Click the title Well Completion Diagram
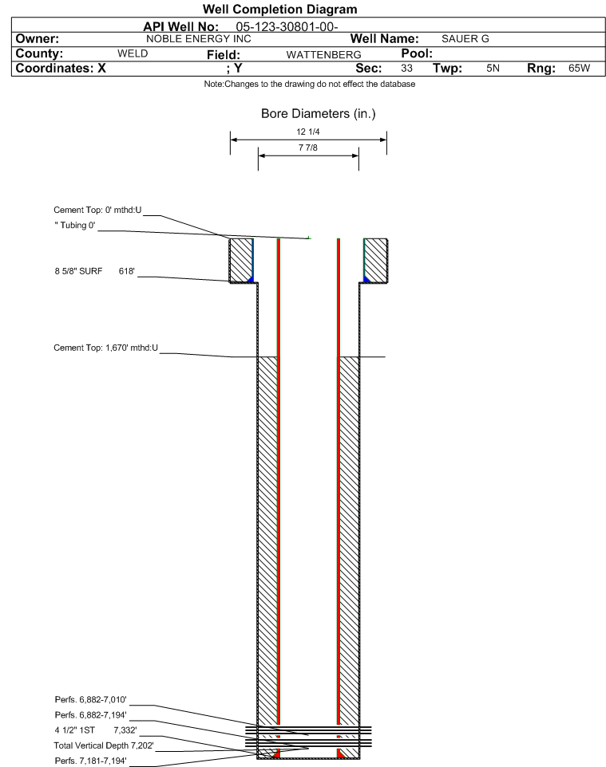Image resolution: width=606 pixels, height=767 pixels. click(303, 10)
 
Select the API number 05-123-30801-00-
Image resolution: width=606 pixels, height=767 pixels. click(291, 26)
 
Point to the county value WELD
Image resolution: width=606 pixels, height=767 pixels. click(133, 53)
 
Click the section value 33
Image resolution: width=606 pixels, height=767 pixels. click(406, 69)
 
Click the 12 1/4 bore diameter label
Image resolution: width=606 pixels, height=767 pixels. click(307, 132)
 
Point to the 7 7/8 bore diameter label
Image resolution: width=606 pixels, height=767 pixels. click(307, 148)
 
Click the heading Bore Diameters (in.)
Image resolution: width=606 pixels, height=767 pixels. click(318, 115)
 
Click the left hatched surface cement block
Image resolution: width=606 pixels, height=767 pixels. click(240, 260)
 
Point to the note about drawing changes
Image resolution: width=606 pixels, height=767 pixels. click(303, 85)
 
